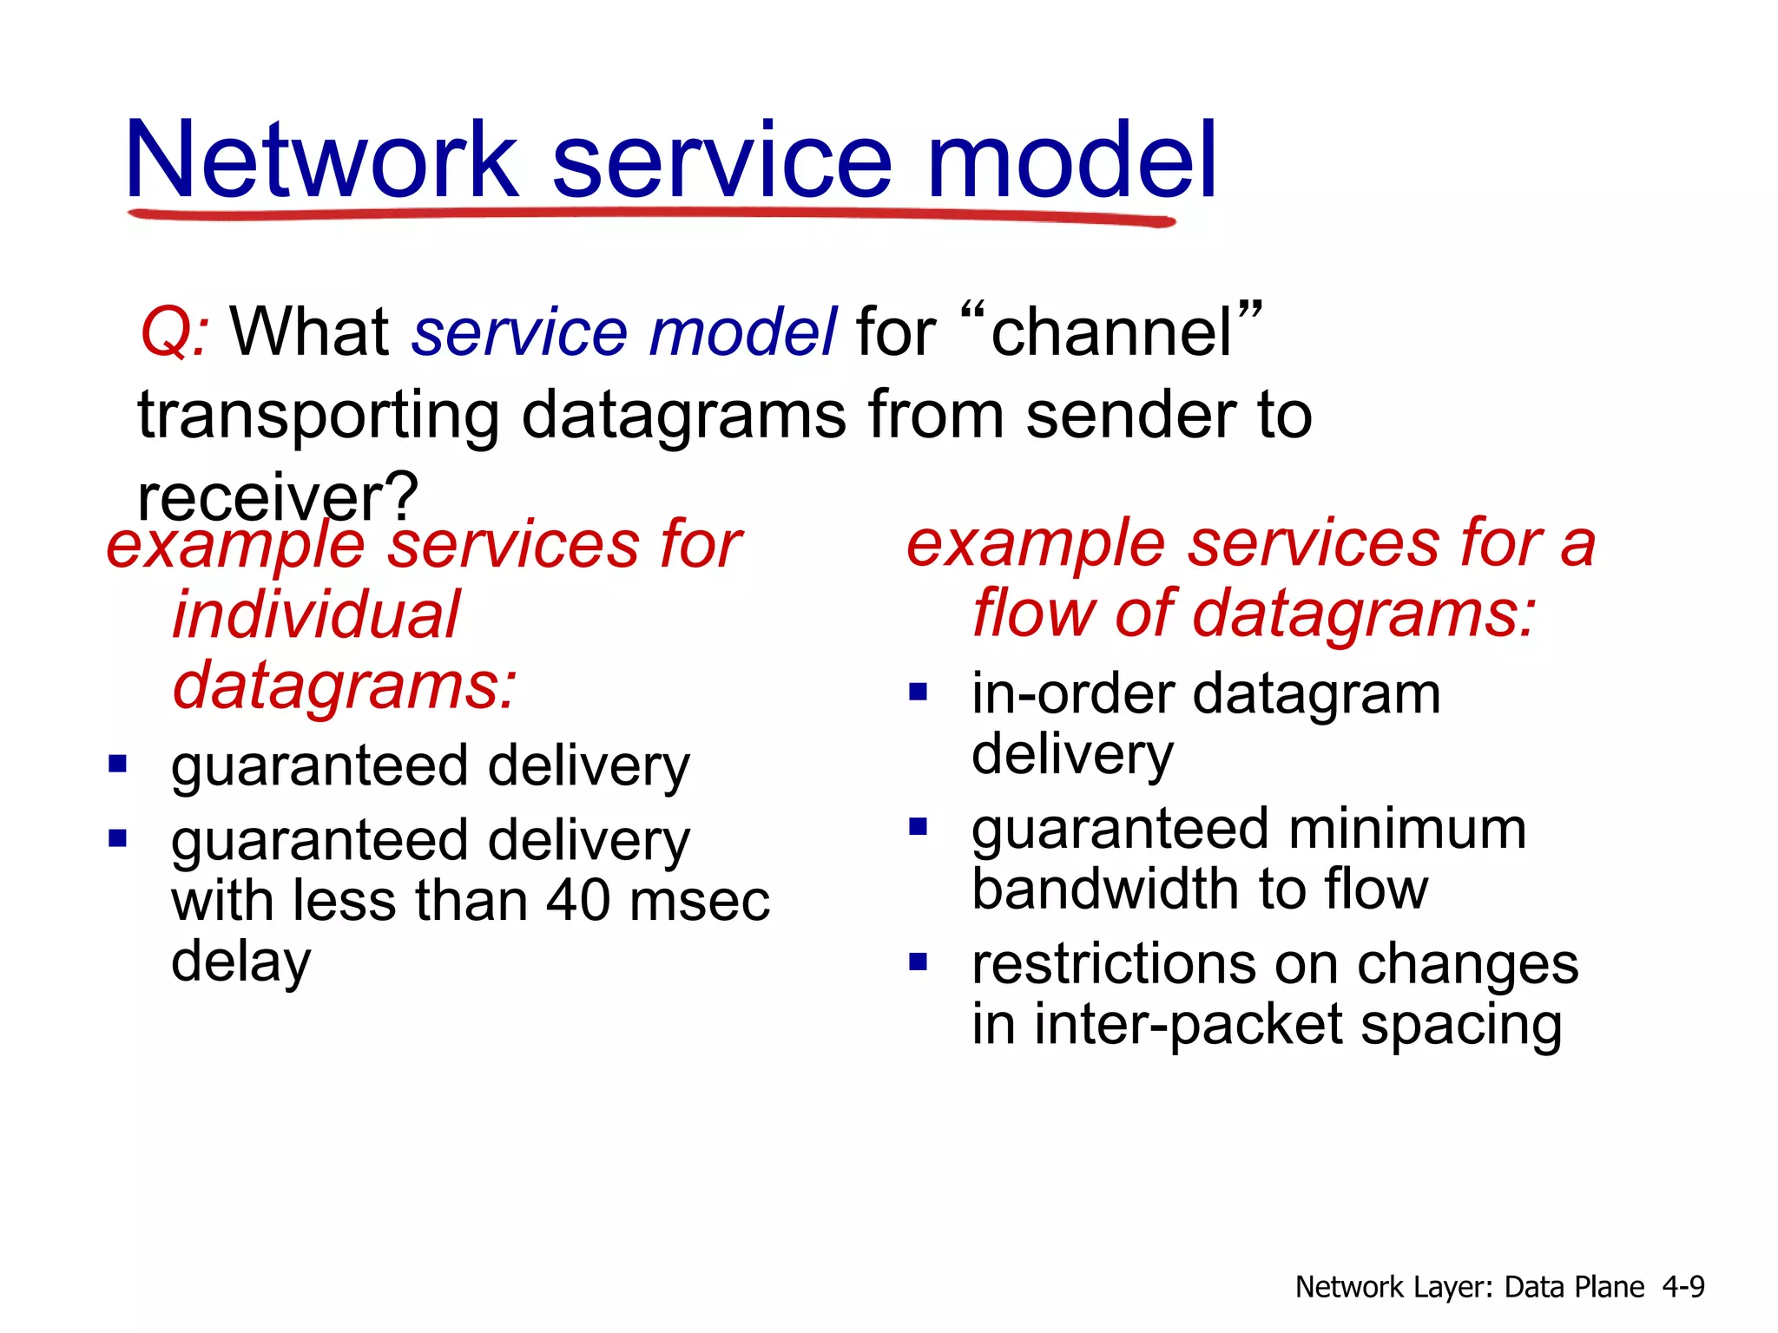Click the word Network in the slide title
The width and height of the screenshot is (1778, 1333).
click(321, 161)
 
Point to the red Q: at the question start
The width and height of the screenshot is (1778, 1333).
click(174, 333)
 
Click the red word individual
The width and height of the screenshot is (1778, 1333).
click(316, 615)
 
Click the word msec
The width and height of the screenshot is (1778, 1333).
click(700, 900)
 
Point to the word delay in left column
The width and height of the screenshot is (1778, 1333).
click(240, 962)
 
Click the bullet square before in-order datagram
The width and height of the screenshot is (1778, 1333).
click(919, 693)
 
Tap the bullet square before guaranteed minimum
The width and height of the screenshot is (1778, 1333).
click(919, 826)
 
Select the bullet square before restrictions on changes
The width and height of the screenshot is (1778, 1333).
click(919, 962)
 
